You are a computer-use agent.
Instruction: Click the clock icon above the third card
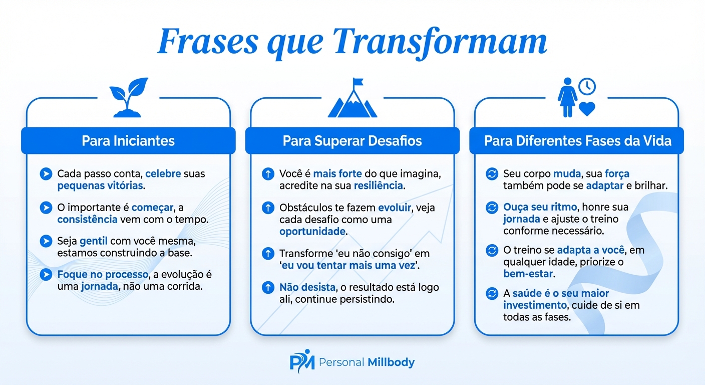[x=587, y=87]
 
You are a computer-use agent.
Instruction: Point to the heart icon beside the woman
[x=586, y=109]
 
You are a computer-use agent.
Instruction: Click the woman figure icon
[x=567, y=97]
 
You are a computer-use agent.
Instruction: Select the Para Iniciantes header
[x=128, y=140]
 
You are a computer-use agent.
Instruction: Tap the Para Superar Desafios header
[x=352, y=140]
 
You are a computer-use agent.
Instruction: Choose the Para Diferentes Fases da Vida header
[x=577, y=140]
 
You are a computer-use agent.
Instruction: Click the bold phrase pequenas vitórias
[x=100, y=185]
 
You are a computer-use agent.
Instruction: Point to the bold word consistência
[x=87, y=219]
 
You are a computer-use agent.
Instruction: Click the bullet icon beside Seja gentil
[x=46, y=241]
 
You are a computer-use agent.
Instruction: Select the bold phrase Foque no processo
[x=103, y=275]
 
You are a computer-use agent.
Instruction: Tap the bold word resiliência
[x=378, y=185]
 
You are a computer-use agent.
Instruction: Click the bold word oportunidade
[x=312, y=231]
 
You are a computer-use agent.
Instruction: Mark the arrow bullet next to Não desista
[x=268, y=288]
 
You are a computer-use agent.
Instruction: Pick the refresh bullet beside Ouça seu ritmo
[x=492, y=207]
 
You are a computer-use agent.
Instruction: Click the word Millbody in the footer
[x=391, y=362]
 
